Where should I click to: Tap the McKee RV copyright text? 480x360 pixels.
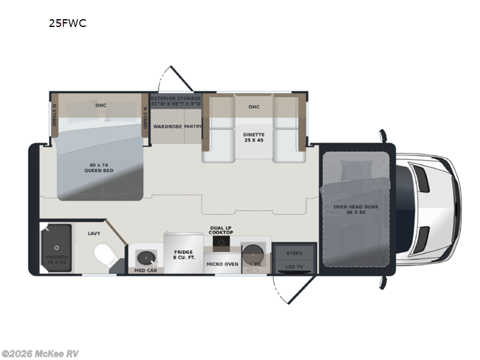point(40,353)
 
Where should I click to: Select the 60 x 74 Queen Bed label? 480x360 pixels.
point(99,167)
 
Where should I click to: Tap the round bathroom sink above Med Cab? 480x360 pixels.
point(145,257)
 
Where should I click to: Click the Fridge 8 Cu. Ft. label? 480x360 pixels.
point(184,256)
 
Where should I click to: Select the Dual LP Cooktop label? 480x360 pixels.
point(221,230)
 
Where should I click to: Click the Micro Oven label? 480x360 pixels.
point(223,263)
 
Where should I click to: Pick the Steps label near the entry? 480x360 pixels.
point(294,253)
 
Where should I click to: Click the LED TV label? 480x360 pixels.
point(294,266)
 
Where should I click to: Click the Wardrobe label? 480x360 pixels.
point(166,127)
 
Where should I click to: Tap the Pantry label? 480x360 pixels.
point(193,127)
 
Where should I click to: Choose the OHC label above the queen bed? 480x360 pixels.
point(100,105)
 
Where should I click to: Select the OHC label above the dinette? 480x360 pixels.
point(254,107)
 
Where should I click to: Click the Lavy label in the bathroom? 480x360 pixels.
point(94,233)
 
